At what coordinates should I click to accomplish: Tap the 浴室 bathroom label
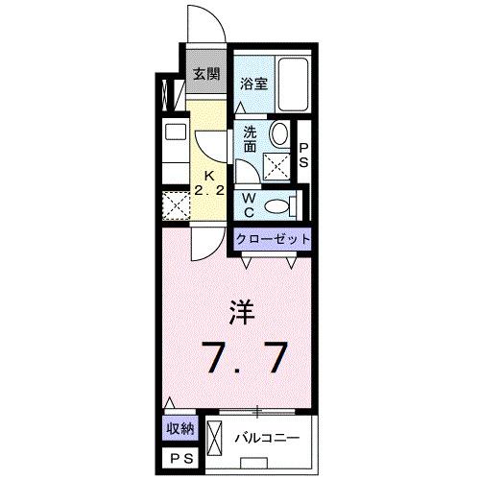(x=253, y=84)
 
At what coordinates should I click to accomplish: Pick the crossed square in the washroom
(x=275, y=166)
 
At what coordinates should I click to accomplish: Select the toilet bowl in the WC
(x=277, y=204)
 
